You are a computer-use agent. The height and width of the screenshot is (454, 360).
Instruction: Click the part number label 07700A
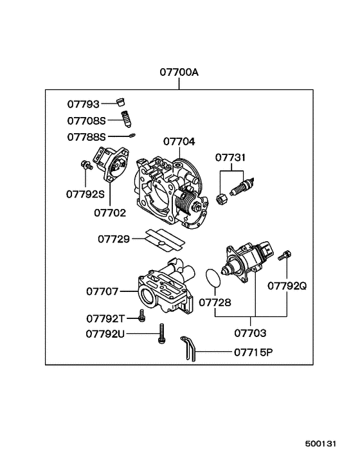(179, 73)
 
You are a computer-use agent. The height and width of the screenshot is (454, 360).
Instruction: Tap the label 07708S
(86, 120)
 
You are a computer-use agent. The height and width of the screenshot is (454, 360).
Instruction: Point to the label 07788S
(86, 137)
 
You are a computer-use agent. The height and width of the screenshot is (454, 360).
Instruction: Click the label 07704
(179, 141)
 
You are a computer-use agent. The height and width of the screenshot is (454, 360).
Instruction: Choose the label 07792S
(86, 192)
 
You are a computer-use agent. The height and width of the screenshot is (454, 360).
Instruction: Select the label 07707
(103, 291)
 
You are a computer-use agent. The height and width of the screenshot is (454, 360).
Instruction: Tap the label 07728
(214, 302)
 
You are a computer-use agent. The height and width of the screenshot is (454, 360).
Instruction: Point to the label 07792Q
(287, 285)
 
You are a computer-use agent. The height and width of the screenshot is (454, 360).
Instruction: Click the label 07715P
(253, 352)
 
